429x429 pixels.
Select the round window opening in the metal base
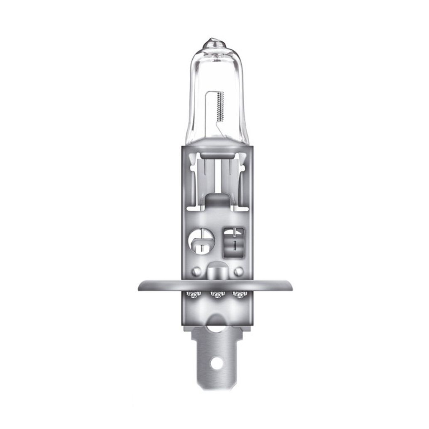click(199, 240)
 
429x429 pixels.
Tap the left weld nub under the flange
click(194, 295)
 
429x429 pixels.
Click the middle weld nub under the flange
click(217, 295)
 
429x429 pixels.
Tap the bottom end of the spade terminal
click(216, 388)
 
